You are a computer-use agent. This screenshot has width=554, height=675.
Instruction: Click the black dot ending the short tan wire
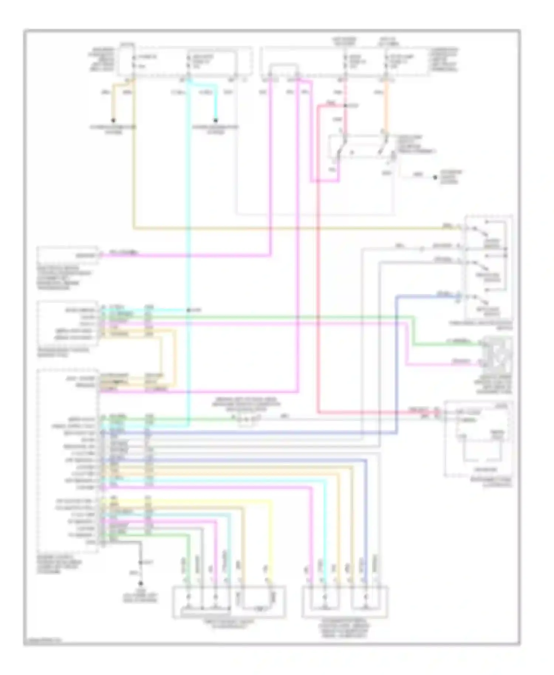(x=113, y=120)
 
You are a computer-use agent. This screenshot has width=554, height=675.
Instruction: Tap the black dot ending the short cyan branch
(x=215, y=120)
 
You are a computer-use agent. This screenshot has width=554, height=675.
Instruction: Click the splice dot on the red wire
(x=345, y=106)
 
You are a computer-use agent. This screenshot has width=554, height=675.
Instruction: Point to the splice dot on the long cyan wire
(x=188, y=310)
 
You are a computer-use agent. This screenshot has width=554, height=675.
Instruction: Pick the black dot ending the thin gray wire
(x=435, y=178)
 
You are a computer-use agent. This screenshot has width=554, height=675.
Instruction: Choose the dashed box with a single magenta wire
(x=68, y=255)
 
